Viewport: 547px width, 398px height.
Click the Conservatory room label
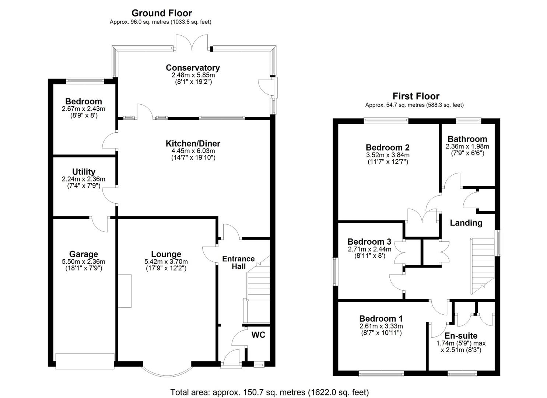pos(193,68)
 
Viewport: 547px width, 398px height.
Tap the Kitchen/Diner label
pos(193,144)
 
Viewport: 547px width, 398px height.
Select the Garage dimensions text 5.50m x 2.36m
pos(84,262)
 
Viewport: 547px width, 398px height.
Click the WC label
pos(258,335)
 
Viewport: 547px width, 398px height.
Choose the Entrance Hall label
pos(238,262)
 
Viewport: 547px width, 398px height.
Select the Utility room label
pos(84,172)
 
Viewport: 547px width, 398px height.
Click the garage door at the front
pos(85,361)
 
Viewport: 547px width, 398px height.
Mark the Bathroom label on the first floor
pos(467,139)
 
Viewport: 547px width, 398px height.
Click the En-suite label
pos(461,336)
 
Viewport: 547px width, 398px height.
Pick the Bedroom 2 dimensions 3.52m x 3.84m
pos(388,155)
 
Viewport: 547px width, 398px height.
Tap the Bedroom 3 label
pos(369,242)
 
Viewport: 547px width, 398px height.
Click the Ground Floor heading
pos(162,13)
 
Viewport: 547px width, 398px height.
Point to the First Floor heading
pos(416,96)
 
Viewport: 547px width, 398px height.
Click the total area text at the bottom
pos(269,392)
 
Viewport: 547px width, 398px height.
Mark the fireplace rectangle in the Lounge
pos(125,291)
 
